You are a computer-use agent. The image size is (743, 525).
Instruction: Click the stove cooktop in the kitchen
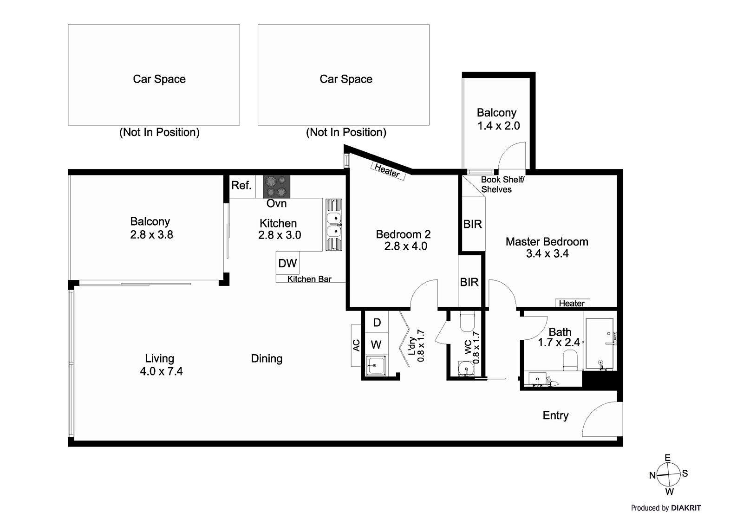click(276, 187)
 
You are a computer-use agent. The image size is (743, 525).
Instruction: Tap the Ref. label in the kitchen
click(241, 185)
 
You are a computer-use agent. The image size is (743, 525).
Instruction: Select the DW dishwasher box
click(287, 263)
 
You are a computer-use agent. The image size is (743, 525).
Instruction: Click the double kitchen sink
click(333, 225)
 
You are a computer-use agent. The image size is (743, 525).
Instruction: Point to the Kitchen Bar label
click(309, 279)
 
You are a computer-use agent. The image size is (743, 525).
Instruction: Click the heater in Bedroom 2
click(387, 171)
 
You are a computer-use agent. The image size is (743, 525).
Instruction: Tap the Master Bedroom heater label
click(572, 303)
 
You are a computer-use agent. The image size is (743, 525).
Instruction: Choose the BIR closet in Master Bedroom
click(473, 224)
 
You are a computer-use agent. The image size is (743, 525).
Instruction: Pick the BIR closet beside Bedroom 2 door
click(469, 282)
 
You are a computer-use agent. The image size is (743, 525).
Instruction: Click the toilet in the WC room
click(467, 322)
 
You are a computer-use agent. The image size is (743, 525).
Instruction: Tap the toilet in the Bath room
click(570, 360)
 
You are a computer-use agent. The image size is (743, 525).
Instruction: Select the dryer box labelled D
click(377, 322)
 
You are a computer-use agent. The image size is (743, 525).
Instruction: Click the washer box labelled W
click(376, 344)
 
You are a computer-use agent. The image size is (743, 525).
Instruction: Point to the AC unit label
click(356, 345)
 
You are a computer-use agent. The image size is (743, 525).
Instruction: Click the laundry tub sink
click(375, 366)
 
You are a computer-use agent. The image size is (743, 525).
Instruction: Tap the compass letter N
click(652, 475)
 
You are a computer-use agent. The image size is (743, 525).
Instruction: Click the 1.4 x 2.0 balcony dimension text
click(499, 126)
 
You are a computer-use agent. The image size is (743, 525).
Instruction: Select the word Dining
click(267, 358)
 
